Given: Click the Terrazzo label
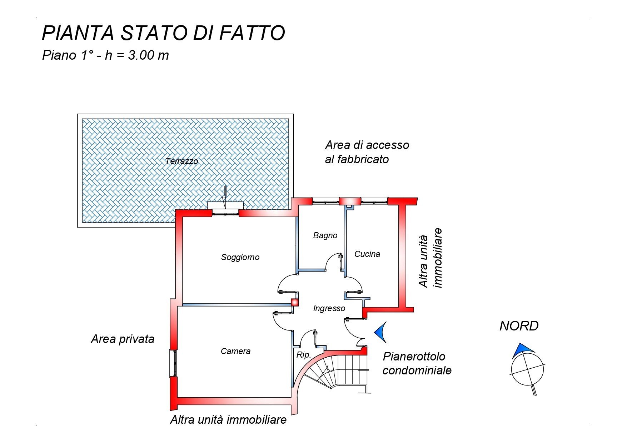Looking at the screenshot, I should [181, 161].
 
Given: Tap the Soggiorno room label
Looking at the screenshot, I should [240, 257].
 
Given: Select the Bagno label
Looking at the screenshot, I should [325, 235].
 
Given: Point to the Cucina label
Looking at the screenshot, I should [367, 254].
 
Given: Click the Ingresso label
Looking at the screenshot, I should [329, 308].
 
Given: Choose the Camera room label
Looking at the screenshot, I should [235, 351].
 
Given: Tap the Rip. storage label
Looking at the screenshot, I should [304, 355].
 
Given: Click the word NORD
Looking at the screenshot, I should [519, 326].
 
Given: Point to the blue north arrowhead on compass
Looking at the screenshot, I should [522, 349].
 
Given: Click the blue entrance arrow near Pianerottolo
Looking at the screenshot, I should [382, 332].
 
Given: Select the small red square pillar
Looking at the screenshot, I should [294, 303].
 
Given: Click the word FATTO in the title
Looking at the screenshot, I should [252, 33].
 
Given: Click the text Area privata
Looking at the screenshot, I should [123, 339].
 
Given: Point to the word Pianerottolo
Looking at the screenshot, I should [414, 356].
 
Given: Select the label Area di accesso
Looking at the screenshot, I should [367, 145].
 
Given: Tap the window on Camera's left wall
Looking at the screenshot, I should [173, 363].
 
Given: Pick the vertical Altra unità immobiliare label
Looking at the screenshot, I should [431, 258].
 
